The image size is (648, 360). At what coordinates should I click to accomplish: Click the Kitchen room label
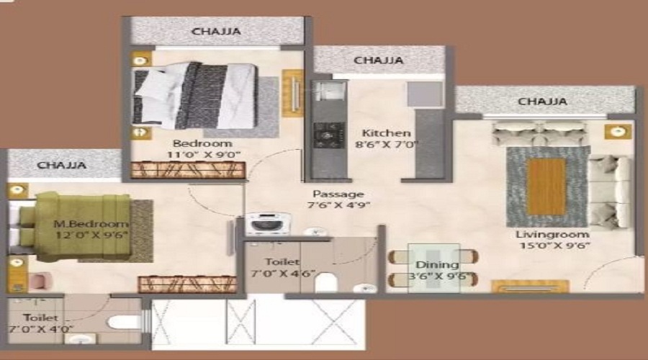pos(386,133)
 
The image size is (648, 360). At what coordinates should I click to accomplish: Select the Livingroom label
pos(552,235)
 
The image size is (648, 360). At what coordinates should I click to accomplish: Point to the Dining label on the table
pos(433,265)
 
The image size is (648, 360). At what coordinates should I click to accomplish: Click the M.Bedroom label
pos(91,223)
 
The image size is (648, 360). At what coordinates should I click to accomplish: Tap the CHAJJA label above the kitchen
pos(378,60)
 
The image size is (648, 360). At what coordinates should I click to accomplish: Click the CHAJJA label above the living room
pos(542,102)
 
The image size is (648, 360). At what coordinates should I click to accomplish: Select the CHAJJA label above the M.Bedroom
pos(62,166)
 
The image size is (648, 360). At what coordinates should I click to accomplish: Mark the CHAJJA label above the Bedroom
pos(216,32)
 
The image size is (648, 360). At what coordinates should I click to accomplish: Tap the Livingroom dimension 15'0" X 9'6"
pos(552,246)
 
